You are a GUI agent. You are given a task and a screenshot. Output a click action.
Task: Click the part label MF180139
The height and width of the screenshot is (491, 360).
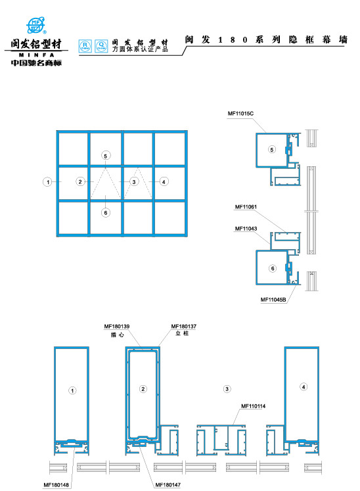[117, 326]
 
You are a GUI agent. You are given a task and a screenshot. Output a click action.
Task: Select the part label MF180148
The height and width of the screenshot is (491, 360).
[57, 484]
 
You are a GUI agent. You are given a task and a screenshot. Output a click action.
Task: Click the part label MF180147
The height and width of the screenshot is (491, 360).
[168, 484]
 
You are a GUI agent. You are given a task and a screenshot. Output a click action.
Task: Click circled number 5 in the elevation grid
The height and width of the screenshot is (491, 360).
[106, 155]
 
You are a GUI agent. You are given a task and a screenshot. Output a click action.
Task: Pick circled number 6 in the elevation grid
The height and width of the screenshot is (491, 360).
[106, 212]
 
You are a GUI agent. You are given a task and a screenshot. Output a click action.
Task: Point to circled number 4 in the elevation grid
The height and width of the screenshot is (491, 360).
[164, 181]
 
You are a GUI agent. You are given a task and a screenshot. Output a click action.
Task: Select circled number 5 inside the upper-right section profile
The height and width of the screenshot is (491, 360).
[271, 149]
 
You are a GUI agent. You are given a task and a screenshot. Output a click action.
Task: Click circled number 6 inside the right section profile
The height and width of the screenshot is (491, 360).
[271, 268]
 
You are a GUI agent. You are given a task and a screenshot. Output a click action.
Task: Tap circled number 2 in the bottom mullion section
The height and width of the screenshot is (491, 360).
[143, 389]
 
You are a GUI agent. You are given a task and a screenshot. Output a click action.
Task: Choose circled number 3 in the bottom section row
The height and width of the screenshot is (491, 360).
[227, 389]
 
